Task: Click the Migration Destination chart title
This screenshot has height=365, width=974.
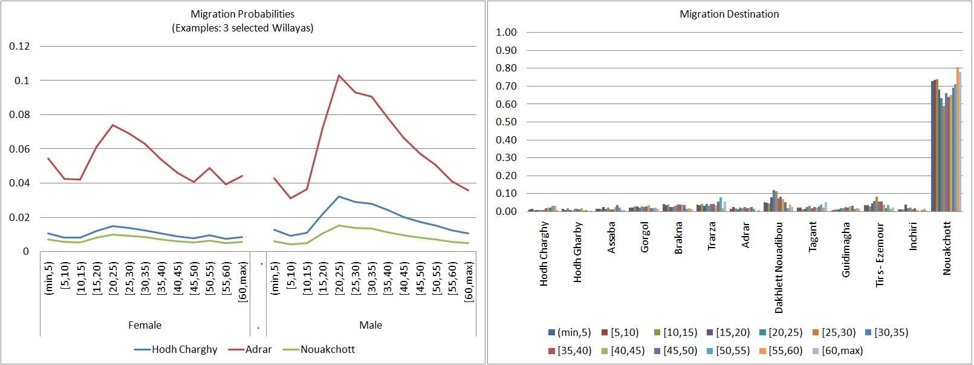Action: click(x=729, y=14)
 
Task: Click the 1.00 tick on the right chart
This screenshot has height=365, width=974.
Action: click(x=506, y=32)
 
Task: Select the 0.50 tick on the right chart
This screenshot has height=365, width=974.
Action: click(x=506, y=122)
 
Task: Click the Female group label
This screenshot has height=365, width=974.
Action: click(x=144, y=325)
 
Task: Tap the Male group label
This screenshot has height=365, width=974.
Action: click(x=371, y=325)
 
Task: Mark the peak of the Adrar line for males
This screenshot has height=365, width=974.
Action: click(x=339, y=76)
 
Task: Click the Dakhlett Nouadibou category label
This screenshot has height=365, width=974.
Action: click(x=779, y=267)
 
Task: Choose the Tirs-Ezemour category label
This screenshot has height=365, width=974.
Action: click(x=880, y=254)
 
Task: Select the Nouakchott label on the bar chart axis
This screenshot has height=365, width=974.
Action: click(x=947, y=248)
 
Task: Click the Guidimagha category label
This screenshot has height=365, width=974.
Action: click(x=846, y=249)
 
